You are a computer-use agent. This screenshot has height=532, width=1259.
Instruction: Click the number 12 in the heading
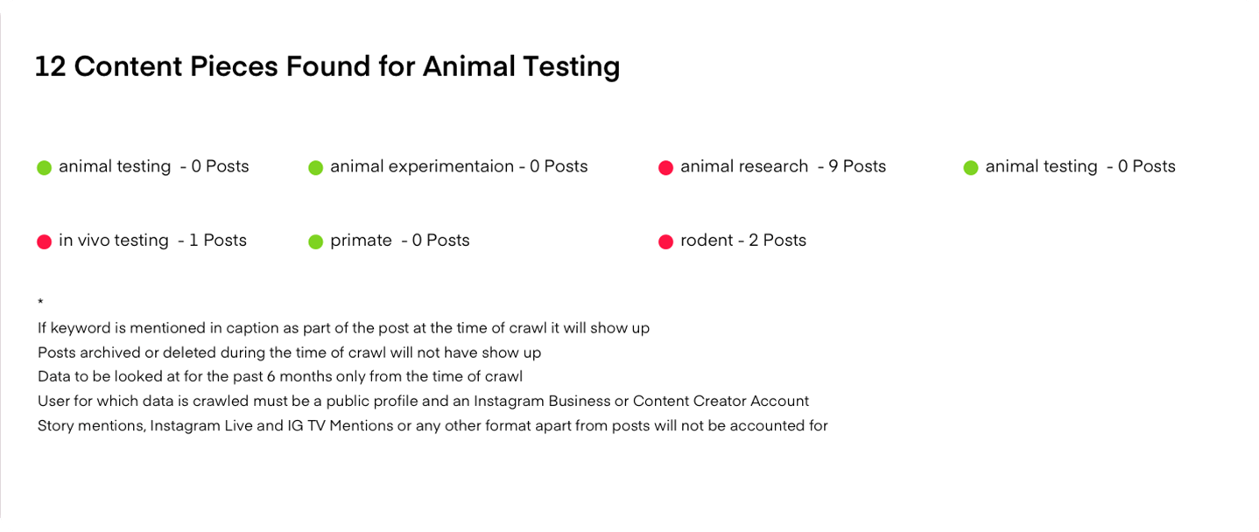tap(50, 66)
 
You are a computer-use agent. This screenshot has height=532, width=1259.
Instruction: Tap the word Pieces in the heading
tap(233, 66)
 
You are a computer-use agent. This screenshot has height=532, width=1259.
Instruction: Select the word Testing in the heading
tap(571, 67)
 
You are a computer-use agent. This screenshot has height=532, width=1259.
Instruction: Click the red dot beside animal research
tap(665, 167)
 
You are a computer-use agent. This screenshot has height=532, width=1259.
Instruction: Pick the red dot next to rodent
tap(665, 241)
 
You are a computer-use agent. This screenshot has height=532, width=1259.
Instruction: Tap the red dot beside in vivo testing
tap(44, 241)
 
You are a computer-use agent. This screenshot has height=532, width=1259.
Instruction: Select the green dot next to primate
tap(315, 241)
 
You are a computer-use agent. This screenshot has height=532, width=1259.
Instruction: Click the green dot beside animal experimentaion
tap(315, 167)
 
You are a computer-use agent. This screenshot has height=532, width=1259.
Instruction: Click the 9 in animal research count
tap(833, 166)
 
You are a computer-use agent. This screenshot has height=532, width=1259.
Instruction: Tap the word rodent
tap(707, 241)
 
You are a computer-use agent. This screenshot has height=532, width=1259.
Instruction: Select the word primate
tap(361, 241)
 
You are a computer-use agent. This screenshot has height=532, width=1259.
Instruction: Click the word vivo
tap(94, 241)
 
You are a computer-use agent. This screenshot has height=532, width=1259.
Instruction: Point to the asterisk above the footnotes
tap(40, 302)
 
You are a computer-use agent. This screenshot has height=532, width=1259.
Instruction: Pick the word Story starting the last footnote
tap(56, 426)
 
